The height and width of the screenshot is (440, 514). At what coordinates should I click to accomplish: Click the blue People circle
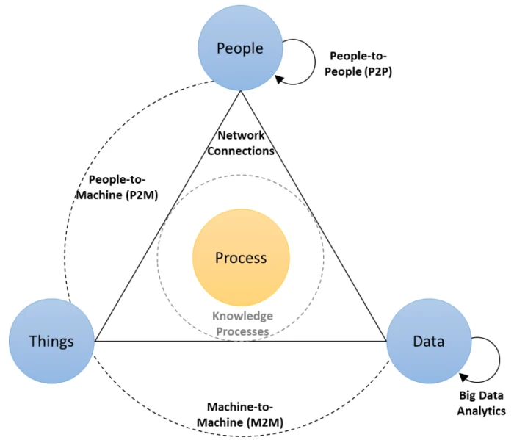coord(240,48)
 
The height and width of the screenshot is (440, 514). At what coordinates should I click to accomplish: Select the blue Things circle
coord(51,341)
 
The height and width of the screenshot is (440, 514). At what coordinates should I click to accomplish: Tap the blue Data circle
coord(428,341)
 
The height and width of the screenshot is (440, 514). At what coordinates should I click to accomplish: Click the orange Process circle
coord(241,258)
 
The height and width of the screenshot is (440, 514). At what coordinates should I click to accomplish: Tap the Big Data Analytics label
coord(481,403)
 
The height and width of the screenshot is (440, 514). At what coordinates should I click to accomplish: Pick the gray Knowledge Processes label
coord(242,323)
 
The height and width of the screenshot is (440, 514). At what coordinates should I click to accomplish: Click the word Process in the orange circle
coord(241,258)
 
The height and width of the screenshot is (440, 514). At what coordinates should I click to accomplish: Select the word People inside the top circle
coord(240,48)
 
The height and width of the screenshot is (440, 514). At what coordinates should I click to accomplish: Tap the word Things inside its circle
coord(51,341)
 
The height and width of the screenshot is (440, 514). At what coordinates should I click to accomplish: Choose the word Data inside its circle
coord(428,341)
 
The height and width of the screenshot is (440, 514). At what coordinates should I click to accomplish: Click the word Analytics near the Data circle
coord(481,411)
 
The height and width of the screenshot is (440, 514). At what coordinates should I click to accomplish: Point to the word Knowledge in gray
coord(242,316)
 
